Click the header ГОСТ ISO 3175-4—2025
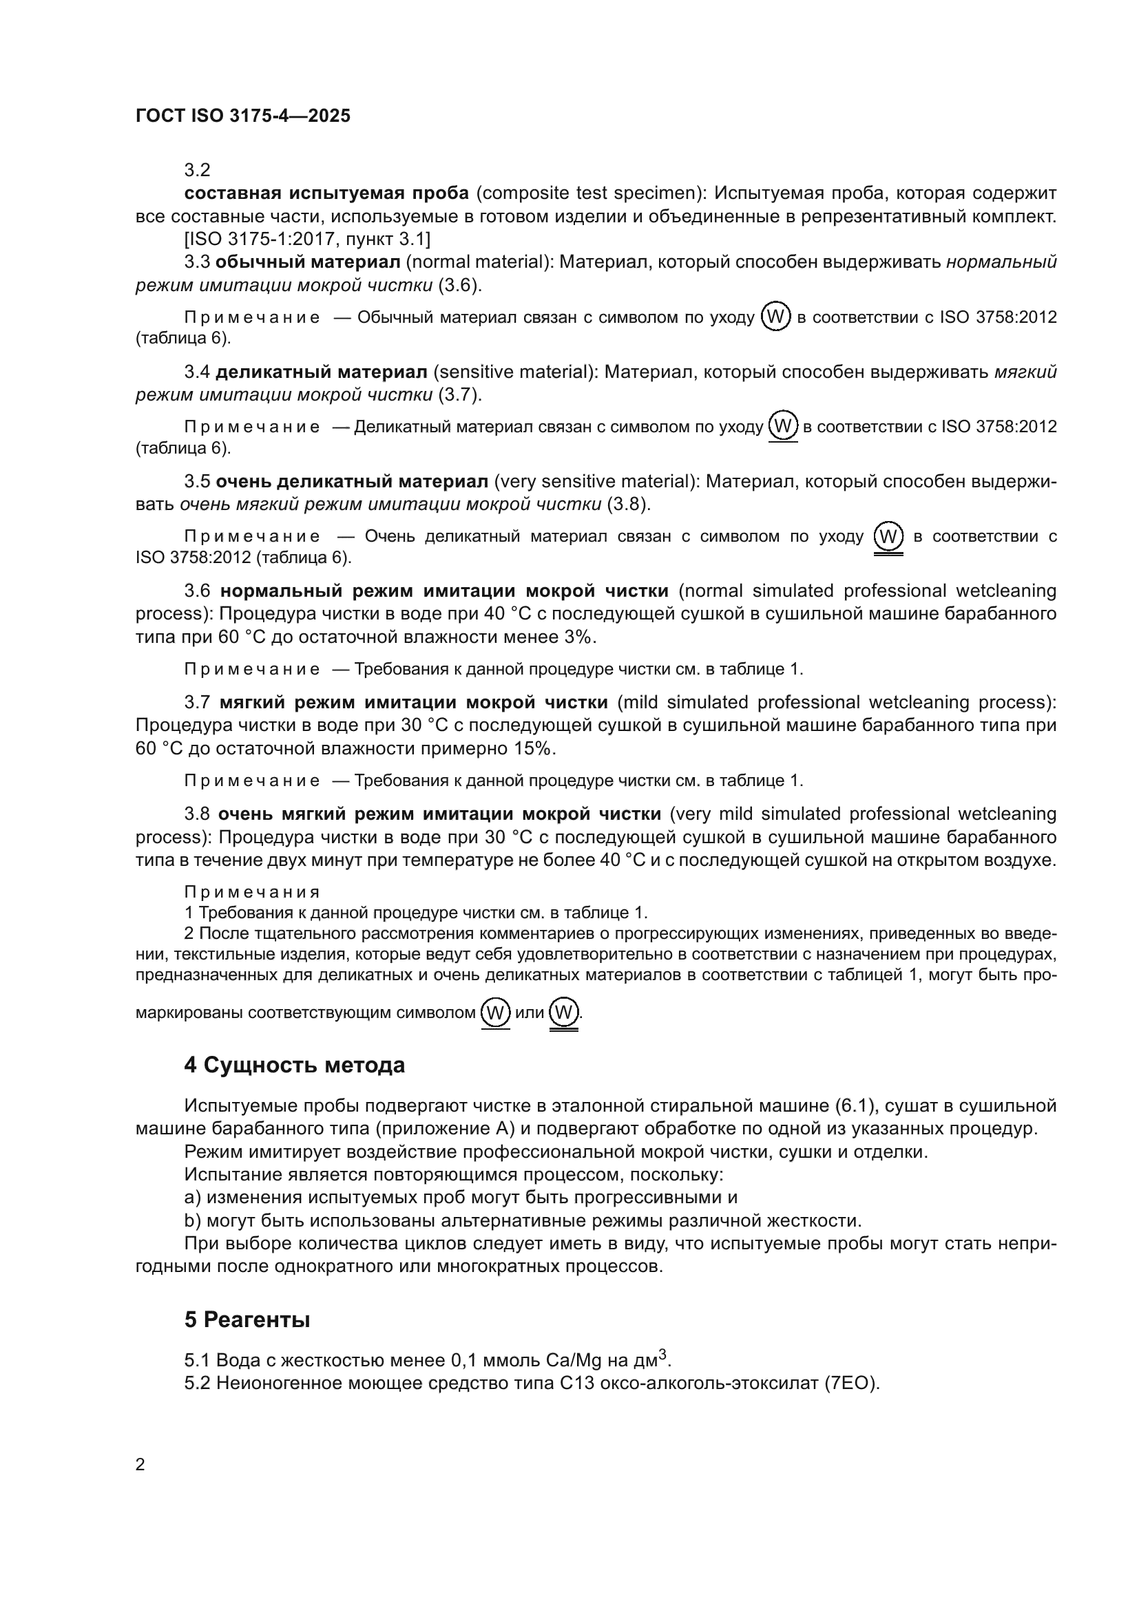(242, 116)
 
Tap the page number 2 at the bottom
(140, 1464)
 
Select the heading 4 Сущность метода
(295, 1065)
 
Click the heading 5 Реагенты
(247, 1320)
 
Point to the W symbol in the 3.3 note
(775, 317)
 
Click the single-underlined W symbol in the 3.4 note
(784, 425)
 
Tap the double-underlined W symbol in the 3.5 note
(888, 537)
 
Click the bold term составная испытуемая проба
(326, 193)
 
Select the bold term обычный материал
(307, 262)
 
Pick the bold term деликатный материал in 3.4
(321, 372)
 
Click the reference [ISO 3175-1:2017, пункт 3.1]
(308, 239)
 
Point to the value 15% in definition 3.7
(534, 749)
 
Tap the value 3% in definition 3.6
(578, 637)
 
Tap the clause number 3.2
(197, 171)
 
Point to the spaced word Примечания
(252, 892)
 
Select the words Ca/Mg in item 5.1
(574, 1360)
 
